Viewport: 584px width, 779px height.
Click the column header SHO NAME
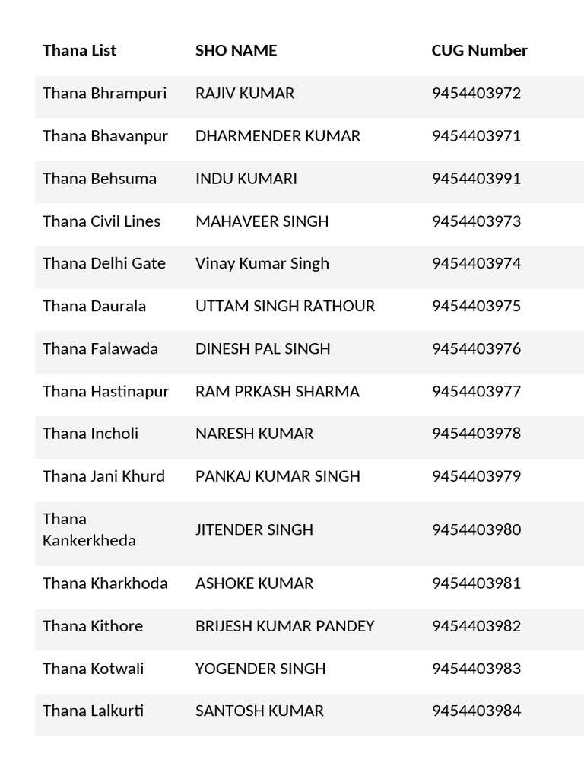(236, 50)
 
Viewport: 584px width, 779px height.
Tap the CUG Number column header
(479, 50)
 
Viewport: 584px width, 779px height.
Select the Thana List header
(79, 50)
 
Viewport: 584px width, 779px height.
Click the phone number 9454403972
(476, 94)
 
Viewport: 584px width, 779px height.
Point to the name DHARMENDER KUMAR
(278, 136)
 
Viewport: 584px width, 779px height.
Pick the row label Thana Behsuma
(100, 179)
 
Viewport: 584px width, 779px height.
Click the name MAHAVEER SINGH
(262, 221)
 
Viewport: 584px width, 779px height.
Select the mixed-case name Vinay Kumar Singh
(262, 263)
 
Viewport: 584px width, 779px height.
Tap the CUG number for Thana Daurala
(476, 306)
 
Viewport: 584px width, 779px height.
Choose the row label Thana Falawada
(100, 348)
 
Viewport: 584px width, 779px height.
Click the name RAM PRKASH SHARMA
(278, 391)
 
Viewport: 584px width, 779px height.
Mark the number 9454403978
(476, 434)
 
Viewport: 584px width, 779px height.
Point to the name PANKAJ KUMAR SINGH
(278, 476)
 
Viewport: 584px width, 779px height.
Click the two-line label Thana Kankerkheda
(89, 529)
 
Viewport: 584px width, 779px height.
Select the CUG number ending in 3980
(476, 529)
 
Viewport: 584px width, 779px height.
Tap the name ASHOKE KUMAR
(254, 583)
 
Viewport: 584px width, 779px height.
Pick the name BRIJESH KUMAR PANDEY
(285, 626)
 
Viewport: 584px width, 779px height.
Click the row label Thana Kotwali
(93, 669)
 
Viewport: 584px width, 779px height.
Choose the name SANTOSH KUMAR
(259, 711)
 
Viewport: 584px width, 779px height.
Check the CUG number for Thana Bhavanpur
(476, 136)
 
